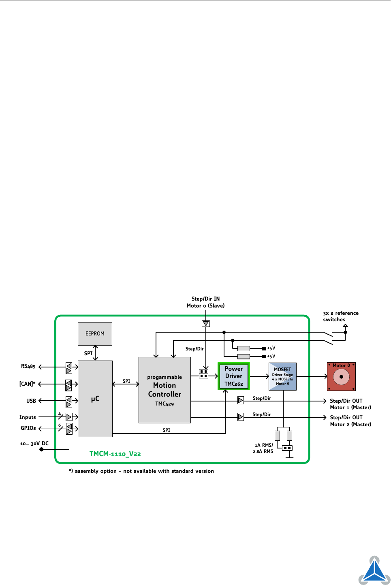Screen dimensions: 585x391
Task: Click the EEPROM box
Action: [x=95, y=334]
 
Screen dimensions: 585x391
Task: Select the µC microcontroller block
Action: [x=95, y=399]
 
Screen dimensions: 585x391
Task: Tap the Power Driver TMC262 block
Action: [x=234, y=376]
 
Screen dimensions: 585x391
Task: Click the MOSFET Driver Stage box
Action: [x=282, y=376]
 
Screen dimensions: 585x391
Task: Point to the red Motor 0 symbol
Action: [x=341, y=376]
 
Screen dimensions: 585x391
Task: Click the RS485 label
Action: [x=28, y=366]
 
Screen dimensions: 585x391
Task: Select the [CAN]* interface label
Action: [x=28, y=384]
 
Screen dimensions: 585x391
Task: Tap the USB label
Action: [x=31, y=401]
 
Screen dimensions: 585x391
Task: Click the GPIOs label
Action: [x=28, y=428]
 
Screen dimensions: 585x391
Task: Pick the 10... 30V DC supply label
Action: [x=34, y=444]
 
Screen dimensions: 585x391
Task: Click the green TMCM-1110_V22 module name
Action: [x=115, y=454]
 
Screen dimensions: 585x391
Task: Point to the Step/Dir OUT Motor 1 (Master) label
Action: [x=350, y=404]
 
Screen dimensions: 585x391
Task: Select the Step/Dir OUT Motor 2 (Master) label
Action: [x=350, y=421]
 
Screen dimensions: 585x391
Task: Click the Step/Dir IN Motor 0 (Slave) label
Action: [x=205, y=302]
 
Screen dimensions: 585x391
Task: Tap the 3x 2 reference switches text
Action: [x=340, y=316]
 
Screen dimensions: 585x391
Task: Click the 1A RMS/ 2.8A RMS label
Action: [x=263, y=448]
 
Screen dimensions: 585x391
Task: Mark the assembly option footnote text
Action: [x=141, y=471]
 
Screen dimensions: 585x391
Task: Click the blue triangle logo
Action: [x=374, y=571]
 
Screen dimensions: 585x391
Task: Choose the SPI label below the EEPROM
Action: [x=88, y=353]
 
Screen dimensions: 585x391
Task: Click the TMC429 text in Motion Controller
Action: [x=165, y=404]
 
